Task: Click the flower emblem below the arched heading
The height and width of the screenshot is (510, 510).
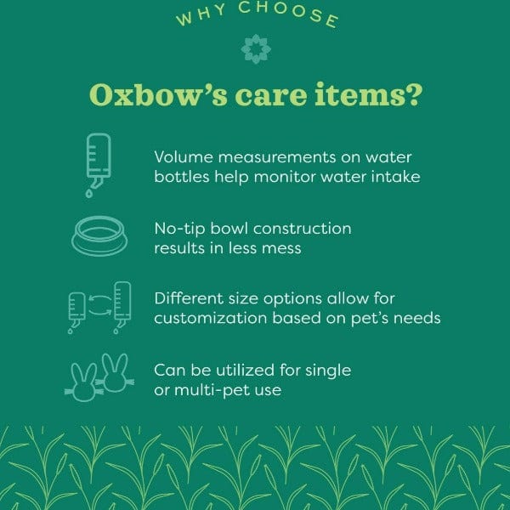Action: [255, 50]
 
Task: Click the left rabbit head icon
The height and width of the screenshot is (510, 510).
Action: [84, 381]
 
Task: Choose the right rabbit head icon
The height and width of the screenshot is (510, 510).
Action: [116, 371]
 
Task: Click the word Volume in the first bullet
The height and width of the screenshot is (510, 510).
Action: [180, 157]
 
